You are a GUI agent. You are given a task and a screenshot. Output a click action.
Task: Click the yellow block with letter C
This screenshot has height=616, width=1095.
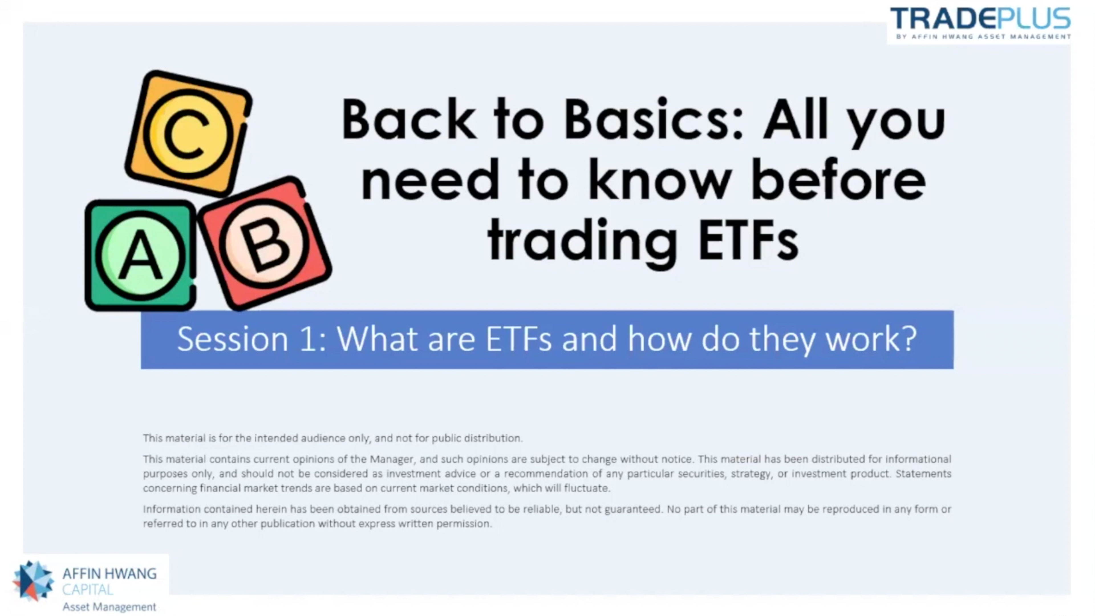[188, 133]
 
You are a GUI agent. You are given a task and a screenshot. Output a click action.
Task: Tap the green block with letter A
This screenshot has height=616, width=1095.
[140, 255]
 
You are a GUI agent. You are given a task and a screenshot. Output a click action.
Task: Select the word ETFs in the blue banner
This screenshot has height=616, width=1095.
[519, 339]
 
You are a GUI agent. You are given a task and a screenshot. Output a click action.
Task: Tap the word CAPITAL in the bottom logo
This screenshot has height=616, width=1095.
[88, 590]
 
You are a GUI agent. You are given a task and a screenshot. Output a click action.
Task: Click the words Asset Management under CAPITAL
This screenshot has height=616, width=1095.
[109, 607]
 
